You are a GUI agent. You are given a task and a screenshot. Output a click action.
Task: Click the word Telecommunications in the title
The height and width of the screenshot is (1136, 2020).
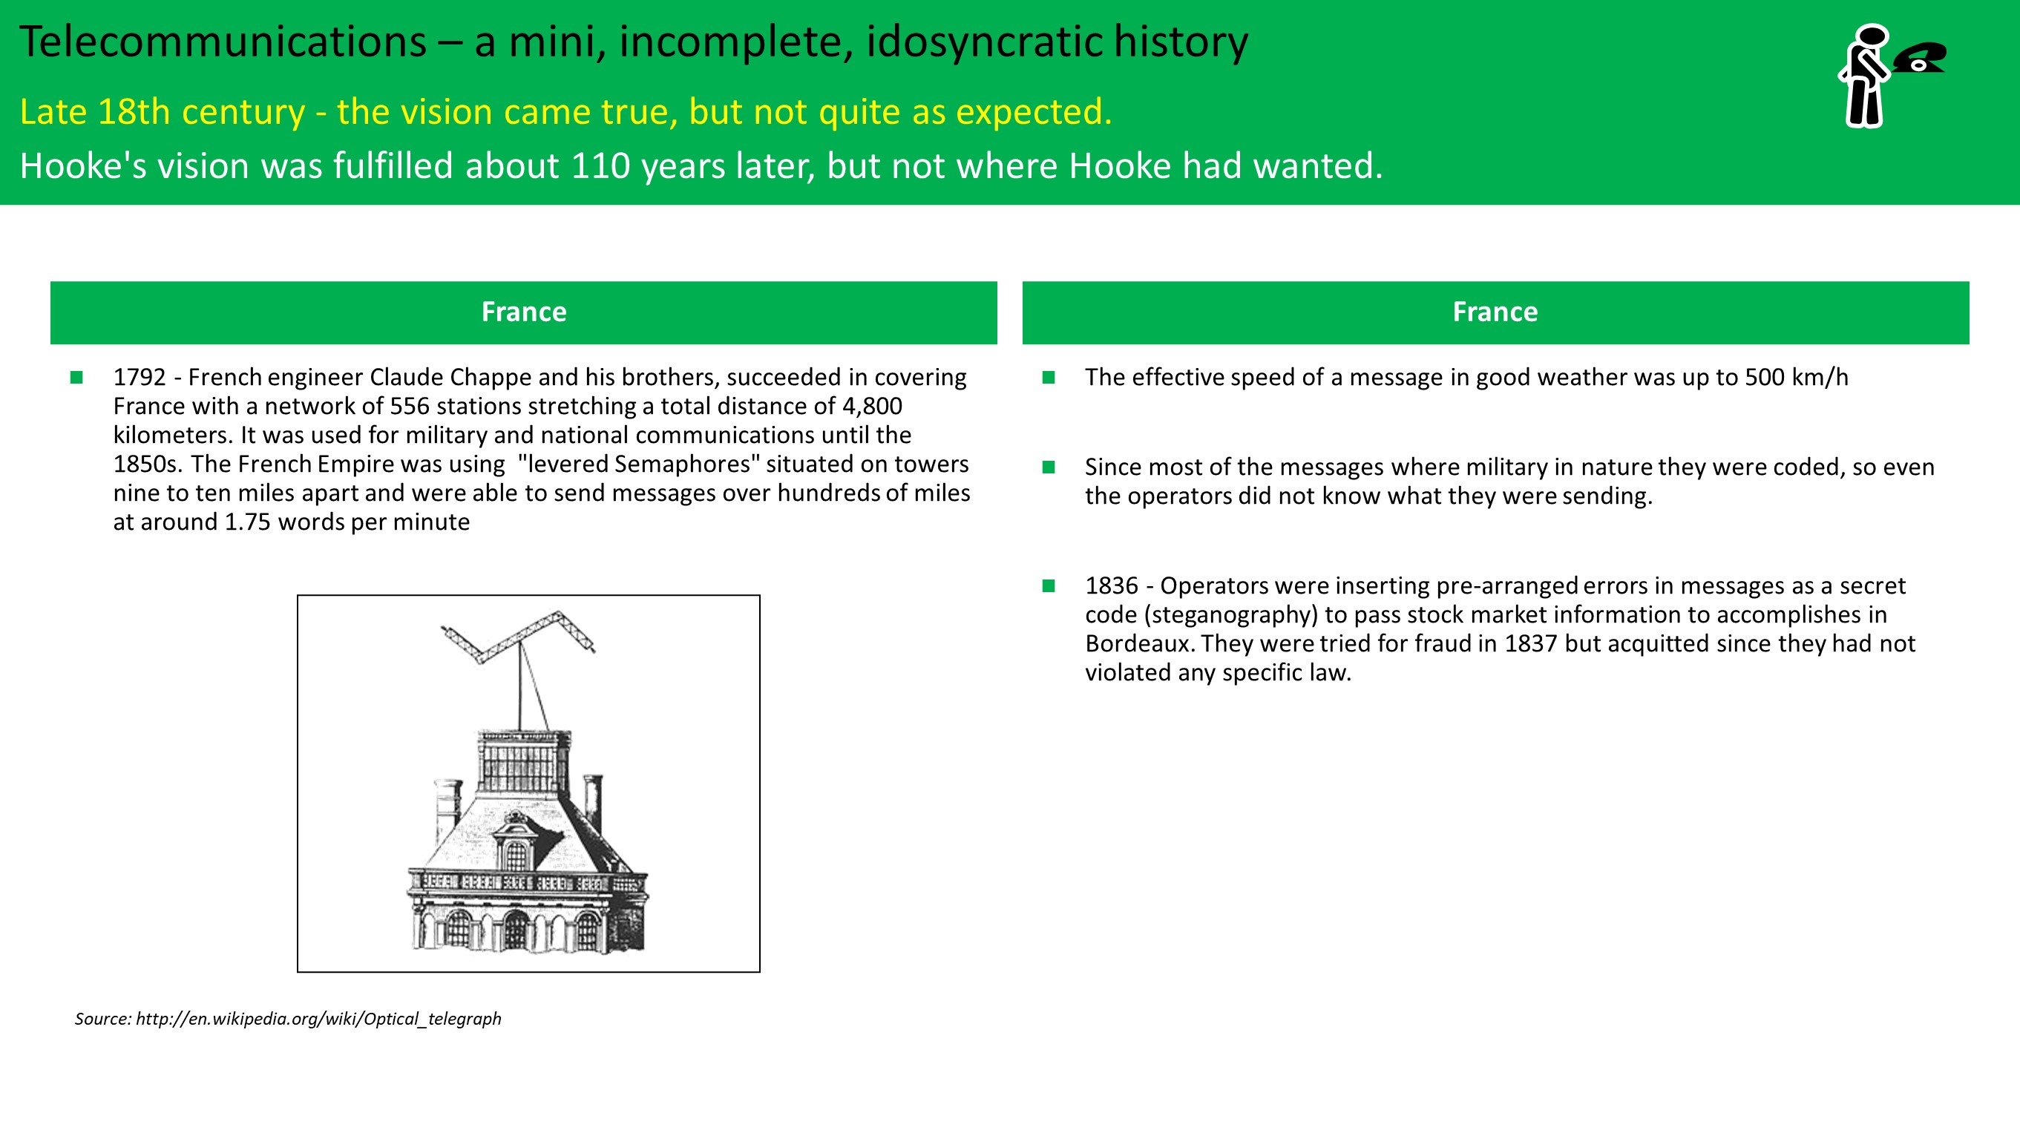pos(223,42)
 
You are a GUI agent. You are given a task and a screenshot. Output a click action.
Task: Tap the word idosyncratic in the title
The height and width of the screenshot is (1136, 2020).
pos(983,43)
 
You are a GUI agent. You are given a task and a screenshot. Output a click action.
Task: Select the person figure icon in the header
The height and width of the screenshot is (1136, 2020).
pos(1865,75)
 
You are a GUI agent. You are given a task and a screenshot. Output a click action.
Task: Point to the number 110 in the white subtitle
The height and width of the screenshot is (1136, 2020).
pos(600,166)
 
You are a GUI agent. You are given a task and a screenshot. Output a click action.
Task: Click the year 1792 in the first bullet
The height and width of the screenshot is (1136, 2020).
pos(140,377)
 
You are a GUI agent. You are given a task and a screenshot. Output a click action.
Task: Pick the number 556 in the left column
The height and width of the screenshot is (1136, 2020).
pos(410,406)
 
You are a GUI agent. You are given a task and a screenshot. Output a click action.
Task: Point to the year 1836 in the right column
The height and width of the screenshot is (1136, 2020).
pos(1111,585)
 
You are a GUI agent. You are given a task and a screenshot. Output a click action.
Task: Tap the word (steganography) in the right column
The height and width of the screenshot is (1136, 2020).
pos(1230,615)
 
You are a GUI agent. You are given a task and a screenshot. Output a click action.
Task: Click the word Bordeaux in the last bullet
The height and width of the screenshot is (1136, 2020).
pos(1138,643)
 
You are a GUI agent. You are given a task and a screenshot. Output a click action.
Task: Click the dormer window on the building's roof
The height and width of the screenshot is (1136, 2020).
pos(516,843)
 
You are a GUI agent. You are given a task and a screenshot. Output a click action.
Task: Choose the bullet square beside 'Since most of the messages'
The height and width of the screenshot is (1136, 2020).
pos(1049,467)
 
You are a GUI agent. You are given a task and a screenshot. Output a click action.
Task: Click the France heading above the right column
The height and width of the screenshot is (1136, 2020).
pos(1495,312)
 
